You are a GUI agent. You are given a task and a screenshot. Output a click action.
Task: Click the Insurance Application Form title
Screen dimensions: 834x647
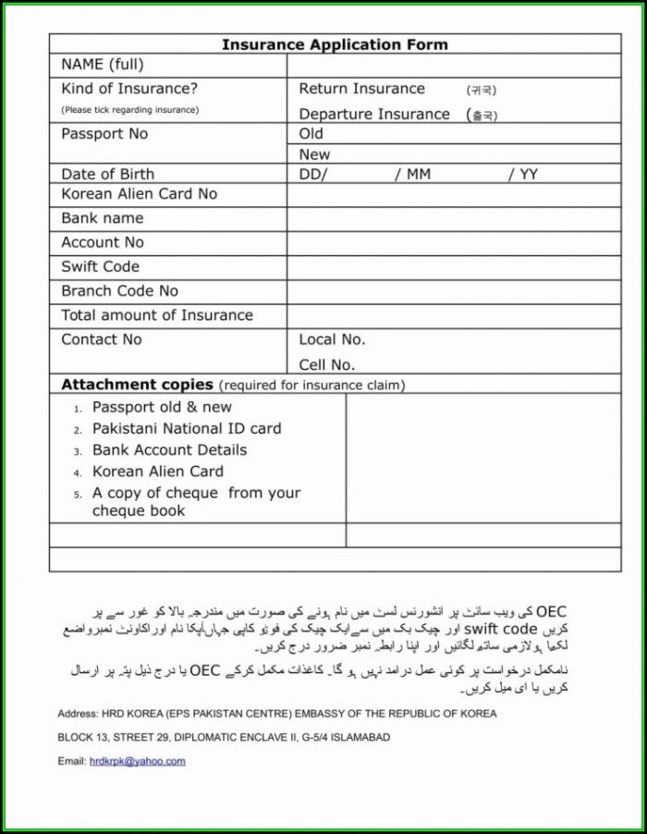335,44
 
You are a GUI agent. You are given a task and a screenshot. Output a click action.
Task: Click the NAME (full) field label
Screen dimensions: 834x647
102,65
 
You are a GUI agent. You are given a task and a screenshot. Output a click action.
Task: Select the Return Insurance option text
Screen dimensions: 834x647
361,89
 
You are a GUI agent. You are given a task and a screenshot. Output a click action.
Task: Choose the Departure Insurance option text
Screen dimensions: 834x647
374,115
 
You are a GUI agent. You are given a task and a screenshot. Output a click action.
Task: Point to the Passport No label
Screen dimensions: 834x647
104,134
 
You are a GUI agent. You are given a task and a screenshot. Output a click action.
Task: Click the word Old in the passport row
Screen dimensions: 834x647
311,134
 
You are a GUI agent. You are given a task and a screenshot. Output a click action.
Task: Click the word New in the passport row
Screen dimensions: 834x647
314,154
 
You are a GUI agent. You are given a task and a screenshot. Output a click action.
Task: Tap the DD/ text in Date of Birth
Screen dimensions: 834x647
313,174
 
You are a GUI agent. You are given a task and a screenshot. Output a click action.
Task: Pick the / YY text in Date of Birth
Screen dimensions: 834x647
522,174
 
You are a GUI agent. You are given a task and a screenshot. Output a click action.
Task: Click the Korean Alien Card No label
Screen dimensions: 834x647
139,194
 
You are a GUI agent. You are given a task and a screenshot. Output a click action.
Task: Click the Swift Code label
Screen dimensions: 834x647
100,267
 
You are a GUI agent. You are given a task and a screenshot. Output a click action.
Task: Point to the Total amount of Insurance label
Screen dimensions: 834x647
156,315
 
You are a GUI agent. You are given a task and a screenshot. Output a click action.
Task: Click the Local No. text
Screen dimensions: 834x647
332,339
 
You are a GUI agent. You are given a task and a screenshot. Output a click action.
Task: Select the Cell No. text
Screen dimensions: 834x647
326,364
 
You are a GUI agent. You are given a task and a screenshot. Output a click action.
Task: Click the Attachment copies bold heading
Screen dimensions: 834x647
137,385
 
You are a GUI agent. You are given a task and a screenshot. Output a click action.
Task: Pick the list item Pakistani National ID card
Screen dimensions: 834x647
187,429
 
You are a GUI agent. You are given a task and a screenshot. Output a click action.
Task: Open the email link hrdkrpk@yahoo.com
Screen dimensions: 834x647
137,761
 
